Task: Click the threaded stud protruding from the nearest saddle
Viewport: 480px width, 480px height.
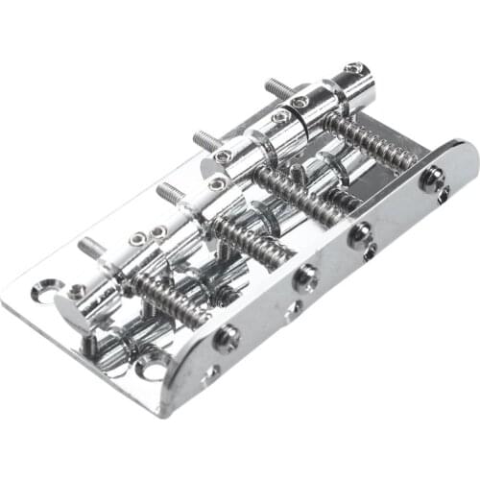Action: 91,248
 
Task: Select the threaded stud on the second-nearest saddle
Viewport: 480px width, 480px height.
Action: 171,191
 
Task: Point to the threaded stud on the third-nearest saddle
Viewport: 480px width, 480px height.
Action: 206,140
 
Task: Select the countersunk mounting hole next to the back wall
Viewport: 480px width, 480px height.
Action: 153,366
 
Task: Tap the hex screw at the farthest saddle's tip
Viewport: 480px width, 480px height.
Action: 355,69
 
